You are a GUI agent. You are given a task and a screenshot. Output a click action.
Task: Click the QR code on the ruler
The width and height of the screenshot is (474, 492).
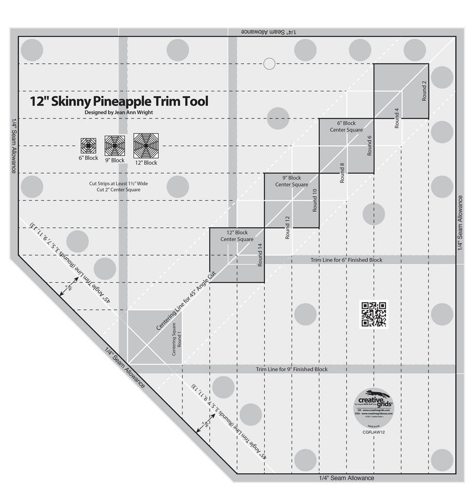[x=374, y=315]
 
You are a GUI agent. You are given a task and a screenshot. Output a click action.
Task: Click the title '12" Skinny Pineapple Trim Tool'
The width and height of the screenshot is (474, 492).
[x=119, y=101]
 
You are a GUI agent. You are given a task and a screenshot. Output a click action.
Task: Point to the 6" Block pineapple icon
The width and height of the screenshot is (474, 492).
[x=88, y=144]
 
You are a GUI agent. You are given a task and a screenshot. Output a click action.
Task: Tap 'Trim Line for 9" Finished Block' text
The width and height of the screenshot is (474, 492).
[x=292, y=369]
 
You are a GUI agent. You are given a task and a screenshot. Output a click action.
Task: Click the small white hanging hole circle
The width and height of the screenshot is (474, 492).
[x=270, y=62]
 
